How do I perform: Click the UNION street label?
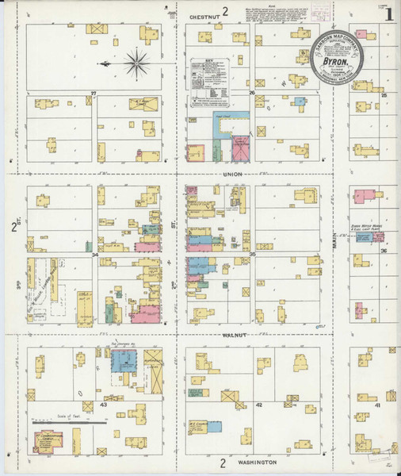[232, 174]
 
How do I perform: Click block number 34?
[95, 255]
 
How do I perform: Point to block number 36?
[383, 251]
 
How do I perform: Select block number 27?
[93, 94]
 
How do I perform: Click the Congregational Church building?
[51, 440]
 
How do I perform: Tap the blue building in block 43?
[123, 361]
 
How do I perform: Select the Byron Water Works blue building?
[367, 237]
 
